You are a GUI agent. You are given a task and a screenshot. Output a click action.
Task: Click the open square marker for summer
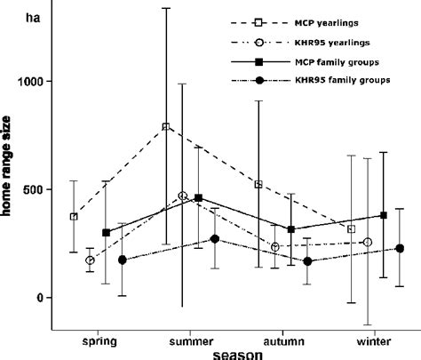(x=166, y=126)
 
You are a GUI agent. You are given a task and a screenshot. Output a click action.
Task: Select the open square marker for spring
(x=74, y=216)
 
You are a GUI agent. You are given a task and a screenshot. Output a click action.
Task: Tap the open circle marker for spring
(x=90, y=260)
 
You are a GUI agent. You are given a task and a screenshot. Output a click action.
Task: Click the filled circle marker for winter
(x=400, y=249)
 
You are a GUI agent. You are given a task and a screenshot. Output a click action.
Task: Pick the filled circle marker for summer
(x=215, y=239)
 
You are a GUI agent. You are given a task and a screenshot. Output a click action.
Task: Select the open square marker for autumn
(x=258, y=184)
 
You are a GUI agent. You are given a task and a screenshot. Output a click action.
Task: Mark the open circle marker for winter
(x=368, y=242)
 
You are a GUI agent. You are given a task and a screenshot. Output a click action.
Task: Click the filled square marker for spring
(x=106, y=233)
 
